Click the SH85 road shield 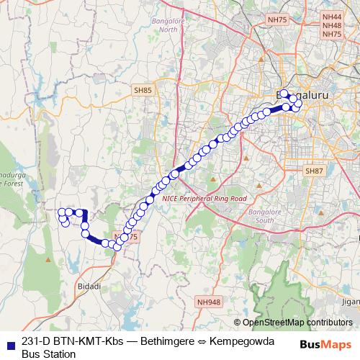pyautogui.click(x=143, y=90)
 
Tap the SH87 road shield pyautogui.click(x=314, y=171)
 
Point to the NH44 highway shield pyautogui.click(x=332, y=16)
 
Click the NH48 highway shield pyautogui.click(x=332, y=25)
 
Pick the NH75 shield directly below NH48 pyautogui.click(x=332, y=34)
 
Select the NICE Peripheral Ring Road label pyautogui.click(x=204, y=198)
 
